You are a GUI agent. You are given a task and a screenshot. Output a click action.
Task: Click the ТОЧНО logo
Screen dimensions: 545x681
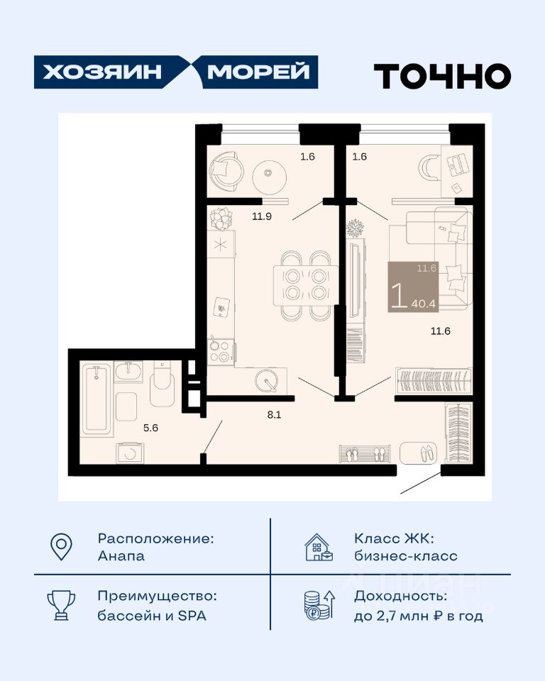coord(442,76)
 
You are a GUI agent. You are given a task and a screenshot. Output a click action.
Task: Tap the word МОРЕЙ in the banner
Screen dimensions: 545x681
coord(258,72)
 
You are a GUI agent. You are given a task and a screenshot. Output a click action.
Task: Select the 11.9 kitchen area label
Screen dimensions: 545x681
coord(262,216)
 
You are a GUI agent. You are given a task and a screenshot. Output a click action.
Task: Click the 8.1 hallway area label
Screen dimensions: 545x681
coord(274,415)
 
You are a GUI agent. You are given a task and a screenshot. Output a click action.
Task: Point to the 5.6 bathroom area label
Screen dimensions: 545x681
coord(151,428)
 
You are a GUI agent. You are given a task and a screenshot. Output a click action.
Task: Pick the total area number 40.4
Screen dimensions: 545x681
coord(424,304)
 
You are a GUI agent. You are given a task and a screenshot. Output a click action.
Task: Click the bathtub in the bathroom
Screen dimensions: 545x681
coord(97,399)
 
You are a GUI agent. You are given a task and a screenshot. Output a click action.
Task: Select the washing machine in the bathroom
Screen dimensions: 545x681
coord(130,453)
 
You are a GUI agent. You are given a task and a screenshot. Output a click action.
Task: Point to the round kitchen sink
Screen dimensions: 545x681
coord(266,380)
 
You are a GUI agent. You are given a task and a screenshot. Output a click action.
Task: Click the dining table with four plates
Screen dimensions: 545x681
coord(306,285)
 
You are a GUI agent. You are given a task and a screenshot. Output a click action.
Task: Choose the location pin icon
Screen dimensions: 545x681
coord(61,546)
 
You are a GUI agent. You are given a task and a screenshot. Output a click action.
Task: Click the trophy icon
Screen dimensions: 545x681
coord(61,605)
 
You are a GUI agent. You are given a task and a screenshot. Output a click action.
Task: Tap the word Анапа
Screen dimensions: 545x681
coord(121,556)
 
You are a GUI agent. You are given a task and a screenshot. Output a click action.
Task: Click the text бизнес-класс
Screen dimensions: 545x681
coord(405,556)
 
